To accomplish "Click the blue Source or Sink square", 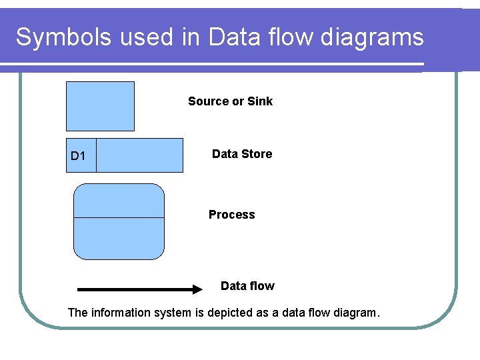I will pos(100,106).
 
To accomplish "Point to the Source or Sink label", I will pos(230,101).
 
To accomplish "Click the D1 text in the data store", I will pos(78,157).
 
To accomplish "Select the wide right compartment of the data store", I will pos(139,155).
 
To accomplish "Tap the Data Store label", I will pos(241,154).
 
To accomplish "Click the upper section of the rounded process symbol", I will pos(119,201).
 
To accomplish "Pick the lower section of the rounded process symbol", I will pos(119,238).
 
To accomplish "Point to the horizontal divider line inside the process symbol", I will pos(119,217).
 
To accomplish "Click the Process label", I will pos(231,215).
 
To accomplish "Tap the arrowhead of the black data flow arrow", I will pos(197,289).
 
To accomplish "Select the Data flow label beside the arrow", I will pos(247,286).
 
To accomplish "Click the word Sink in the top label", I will pos(260,101).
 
